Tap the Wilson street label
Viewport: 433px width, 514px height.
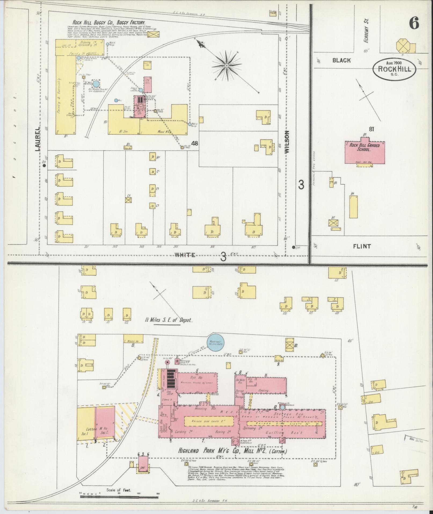[287, 142]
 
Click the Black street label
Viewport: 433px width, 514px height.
[341, 60]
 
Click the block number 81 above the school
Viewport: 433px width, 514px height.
[372, 129]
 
